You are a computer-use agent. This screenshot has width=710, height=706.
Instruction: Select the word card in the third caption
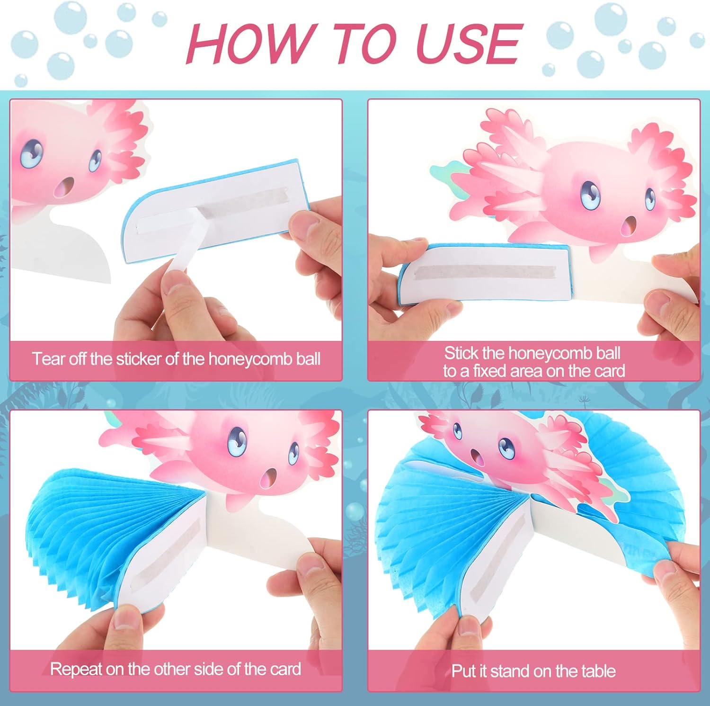coord(285,669)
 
